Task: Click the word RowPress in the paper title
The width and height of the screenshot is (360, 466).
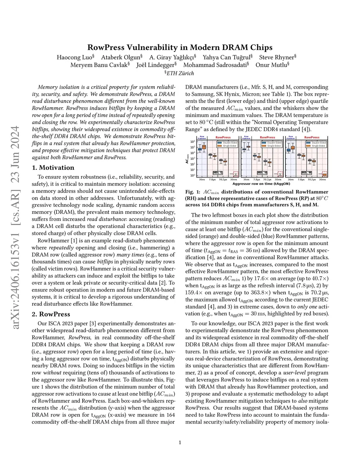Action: click(104, 47)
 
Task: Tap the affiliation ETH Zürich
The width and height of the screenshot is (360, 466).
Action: click(180, 73)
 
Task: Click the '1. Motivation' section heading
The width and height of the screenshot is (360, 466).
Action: click(53, 168)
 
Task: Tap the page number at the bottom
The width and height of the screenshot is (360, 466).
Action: click(180, 442)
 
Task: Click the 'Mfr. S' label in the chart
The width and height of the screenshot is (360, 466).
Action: click(218, 173)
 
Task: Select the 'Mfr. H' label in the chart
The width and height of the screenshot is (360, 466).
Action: click(262, 173)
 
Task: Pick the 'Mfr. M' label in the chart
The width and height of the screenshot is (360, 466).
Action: click(307, 173)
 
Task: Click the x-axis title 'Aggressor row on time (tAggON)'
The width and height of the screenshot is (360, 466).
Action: click(261, 184)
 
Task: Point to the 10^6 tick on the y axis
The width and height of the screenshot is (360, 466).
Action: click(193, 142)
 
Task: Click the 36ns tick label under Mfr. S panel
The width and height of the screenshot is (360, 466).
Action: click(202, 179)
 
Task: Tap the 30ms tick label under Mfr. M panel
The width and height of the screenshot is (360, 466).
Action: click(322, 179)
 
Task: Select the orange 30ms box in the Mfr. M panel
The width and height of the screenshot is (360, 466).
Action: click(324, 174)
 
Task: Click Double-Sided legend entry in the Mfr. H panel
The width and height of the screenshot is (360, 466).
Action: click(271, 143)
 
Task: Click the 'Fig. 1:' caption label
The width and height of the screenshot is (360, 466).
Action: click(193, 192)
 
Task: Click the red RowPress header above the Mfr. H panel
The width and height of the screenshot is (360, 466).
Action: click(268, 138)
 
